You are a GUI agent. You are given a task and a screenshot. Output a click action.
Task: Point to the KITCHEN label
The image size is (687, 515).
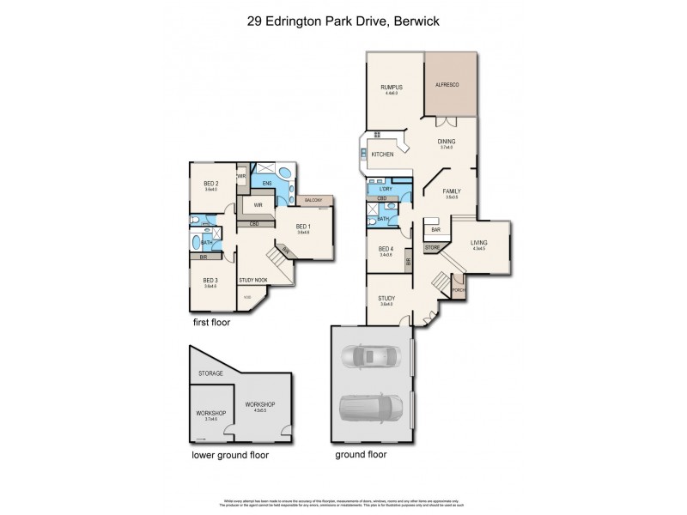coord(382,154)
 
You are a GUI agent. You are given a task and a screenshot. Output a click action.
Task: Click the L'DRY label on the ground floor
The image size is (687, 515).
coord(386,188)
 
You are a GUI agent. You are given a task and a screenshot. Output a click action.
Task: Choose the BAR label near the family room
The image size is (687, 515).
coord(435,230)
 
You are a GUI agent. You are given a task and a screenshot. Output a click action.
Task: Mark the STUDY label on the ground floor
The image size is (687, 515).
coord(386,299)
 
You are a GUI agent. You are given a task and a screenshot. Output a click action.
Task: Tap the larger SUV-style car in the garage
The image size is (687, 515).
coord(371,403)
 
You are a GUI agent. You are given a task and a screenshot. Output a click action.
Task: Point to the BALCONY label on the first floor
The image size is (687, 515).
coord(313,200)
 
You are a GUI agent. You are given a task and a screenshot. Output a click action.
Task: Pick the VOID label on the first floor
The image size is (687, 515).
coord(247,298)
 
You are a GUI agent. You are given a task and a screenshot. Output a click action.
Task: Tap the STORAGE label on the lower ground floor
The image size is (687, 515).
coord(210,373)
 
